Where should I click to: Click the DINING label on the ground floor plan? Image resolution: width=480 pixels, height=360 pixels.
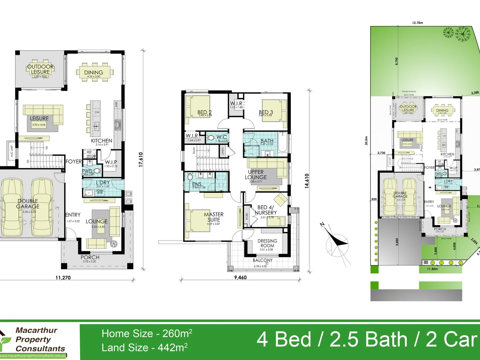[x=93, y=72]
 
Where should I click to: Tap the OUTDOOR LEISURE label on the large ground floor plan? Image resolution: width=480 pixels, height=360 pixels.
[x=40, y=69]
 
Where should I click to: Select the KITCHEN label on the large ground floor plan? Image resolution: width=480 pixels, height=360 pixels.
[x=102, y=141]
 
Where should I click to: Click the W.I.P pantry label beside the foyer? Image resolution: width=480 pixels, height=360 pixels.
[x=111, y=162]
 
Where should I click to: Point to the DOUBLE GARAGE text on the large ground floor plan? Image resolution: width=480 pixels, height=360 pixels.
[x=28, y=204]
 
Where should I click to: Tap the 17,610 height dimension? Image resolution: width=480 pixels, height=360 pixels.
[x=141, y=159]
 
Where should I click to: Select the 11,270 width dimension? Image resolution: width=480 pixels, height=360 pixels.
[x=63, y=277]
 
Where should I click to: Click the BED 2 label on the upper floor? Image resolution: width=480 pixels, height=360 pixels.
[x=204, y=112]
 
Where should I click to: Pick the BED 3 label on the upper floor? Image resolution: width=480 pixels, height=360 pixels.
[x=266, y=112]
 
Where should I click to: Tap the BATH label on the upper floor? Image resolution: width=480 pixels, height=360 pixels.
[x=267, y=141]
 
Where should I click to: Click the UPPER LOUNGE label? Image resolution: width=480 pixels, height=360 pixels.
[x=256, y=175]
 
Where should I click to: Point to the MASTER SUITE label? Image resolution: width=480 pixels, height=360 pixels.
[x=214, y=217]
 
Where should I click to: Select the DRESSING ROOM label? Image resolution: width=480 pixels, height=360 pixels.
[x=267, y=243]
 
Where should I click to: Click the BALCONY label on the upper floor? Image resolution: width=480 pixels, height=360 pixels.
[x=263, y=260]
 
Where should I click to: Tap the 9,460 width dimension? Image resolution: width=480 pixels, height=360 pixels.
[x=240, y=277]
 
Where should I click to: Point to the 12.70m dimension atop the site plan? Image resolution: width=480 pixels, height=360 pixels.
[x=417, y=23]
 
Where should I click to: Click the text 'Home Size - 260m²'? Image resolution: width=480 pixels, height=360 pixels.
[x=147, y=333]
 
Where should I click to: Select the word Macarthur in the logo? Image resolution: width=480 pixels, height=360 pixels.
[x=36, y=330]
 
